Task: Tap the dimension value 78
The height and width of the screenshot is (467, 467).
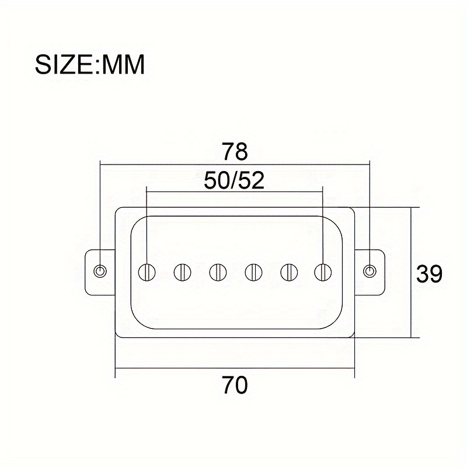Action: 235,152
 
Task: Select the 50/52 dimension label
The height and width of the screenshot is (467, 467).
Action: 235,180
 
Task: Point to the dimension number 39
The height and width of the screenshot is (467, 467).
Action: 430,273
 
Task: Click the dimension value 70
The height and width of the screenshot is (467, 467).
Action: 235,385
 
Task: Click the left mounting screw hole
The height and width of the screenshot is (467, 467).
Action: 101,271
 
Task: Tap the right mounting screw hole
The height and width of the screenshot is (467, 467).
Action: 369,271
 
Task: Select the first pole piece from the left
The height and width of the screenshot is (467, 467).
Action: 147,271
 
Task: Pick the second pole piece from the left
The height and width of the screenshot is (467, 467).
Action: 183,271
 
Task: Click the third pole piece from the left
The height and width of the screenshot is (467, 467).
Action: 218,271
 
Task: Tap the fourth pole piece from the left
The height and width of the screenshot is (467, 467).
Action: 253,271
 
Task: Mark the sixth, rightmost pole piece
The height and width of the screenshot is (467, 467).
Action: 322,271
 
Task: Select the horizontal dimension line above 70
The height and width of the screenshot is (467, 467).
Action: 175,369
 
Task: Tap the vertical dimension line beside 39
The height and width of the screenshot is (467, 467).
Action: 412,304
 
